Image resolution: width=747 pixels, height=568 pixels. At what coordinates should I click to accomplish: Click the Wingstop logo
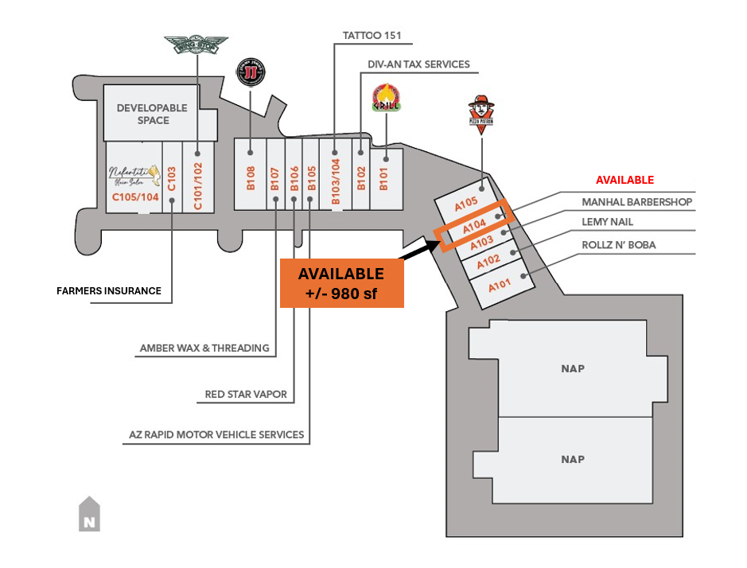click(x=196, y=45)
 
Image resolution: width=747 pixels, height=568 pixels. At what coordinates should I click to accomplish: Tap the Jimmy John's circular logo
click(x=251, y=73)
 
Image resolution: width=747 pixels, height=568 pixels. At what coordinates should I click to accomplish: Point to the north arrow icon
click(x=89, y=514)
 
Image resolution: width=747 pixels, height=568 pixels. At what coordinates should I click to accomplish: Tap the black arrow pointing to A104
click(x=416, y=247)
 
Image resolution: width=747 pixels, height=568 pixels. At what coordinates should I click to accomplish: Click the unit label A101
click(x=500, y=285)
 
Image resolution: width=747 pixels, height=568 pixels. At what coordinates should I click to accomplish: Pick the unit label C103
click(x=172, y=177)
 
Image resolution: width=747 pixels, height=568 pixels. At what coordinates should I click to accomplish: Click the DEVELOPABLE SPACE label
click(x=152, y=114)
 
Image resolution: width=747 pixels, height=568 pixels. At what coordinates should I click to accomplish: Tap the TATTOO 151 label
click(x=372, y=36)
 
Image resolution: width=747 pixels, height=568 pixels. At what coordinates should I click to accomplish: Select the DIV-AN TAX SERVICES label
click(x=418, y=64)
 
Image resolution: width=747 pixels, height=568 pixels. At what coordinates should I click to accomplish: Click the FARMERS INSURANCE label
click(x=108, y=291)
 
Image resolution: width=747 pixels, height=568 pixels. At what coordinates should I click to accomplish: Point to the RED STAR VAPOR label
click(x=246, y=394)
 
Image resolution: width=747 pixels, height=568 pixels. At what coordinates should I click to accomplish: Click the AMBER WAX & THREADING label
click(x=204, y=348)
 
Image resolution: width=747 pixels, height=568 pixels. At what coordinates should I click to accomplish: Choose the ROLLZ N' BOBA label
click(x=618, y=245)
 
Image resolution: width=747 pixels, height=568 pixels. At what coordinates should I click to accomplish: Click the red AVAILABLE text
click(x=624, y=180)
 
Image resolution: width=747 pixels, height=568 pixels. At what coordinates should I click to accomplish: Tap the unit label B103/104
click(x=335, y=181)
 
